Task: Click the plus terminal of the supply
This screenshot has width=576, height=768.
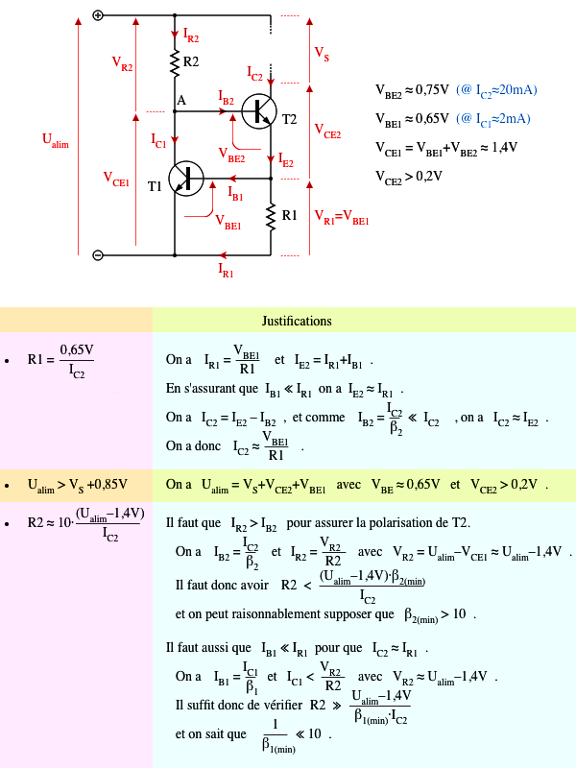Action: point(98,15)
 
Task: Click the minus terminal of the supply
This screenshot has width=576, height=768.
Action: point(98,255)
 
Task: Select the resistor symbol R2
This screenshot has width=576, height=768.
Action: point(176,62)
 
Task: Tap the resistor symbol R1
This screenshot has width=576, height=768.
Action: point(272,215)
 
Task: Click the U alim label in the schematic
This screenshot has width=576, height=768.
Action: point(56,140)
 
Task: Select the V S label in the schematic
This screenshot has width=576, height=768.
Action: point(322,54)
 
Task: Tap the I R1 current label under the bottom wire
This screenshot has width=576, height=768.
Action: point(227,270)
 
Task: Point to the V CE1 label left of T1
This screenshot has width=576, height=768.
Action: point(116,179)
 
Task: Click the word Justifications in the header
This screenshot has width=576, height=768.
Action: point(297,321)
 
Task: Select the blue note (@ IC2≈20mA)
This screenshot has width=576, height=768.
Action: point(496,90)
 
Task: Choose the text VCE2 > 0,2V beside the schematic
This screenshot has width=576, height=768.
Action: point(409,176)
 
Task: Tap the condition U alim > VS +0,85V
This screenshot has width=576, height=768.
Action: point(76,484)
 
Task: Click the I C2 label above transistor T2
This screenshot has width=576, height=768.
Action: point(255,73)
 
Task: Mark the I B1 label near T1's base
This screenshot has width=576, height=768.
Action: point(236,192)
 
